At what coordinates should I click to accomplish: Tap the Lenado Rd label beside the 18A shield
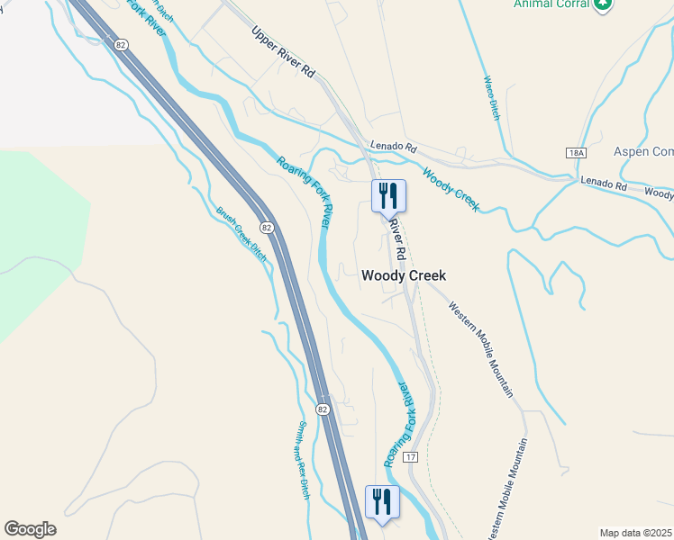(604, 183)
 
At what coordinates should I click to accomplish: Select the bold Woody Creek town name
(404, 276)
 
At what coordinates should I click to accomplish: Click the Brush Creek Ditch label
(241, 234)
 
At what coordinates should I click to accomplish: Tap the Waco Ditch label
(492, 97)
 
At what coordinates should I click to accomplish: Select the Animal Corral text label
(551, 4)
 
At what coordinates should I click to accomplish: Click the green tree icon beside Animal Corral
(603, 4)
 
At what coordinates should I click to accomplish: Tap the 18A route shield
(577, 154)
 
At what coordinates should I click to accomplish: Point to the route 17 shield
(411, 457)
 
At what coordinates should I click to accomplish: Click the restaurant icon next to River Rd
(388, 196)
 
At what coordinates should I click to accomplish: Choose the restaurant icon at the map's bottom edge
(381, 502)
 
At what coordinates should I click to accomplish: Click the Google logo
(30, 529)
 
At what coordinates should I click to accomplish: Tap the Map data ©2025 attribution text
(635, 533)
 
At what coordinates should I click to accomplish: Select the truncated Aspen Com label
(643, 152)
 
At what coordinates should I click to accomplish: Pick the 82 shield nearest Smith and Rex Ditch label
(323, 409)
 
